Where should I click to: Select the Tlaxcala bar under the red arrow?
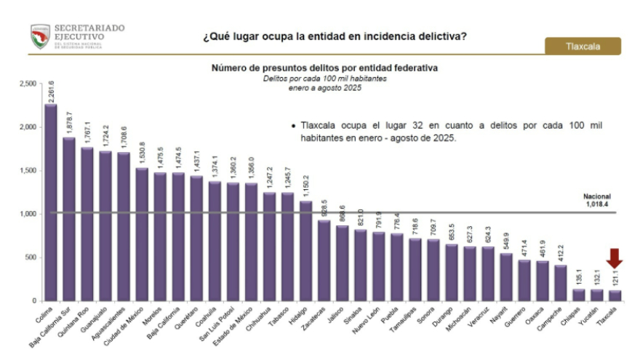click(x=615, y=295)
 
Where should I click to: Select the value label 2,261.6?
click(x=51, y=90)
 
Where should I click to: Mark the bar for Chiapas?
click(x=578, y=295)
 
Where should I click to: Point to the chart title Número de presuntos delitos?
click(x=324, y=68)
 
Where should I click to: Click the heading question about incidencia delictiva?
click(x=335, y=36)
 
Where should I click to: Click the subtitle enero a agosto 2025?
click(x=324, y=87)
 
